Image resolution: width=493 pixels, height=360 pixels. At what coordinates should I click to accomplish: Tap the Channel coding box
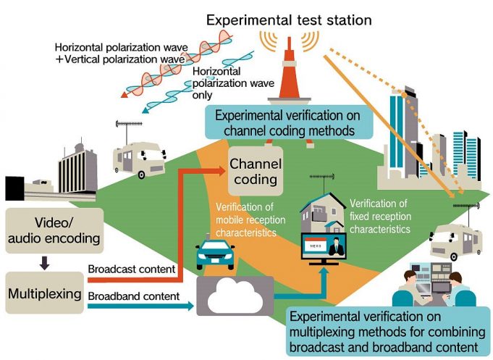click(256, 171)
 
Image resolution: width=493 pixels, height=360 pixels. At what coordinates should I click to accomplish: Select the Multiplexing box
click(45, 293)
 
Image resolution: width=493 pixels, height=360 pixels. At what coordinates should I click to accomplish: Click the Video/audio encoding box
click(54, 230)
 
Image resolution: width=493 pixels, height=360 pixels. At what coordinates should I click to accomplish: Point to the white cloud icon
click(235, 296)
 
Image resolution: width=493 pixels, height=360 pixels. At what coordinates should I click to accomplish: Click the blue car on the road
click(216, 254)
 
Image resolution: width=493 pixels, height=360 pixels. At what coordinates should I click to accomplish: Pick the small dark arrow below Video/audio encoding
click(44, 263)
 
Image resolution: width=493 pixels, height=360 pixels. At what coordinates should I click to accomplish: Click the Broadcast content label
click(132, 269)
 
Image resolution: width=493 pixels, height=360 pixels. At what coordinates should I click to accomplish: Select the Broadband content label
click(134, 296)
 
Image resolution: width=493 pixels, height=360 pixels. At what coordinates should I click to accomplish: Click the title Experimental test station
click(289, 20)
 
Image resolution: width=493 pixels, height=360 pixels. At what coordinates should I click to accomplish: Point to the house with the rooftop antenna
click(322, 212)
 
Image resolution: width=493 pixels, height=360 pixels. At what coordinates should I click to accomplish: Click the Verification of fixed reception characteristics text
click(380, 216)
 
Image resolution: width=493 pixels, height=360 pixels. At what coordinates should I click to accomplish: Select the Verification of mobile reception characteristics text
click(250, 219)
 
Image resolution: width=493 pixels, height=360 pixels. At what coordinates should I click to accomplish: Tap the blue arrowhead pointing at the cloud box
click(190, 306)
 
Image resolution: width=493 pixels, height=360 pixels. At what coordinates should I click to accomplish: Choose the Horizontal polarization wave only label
click(233, 83)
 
